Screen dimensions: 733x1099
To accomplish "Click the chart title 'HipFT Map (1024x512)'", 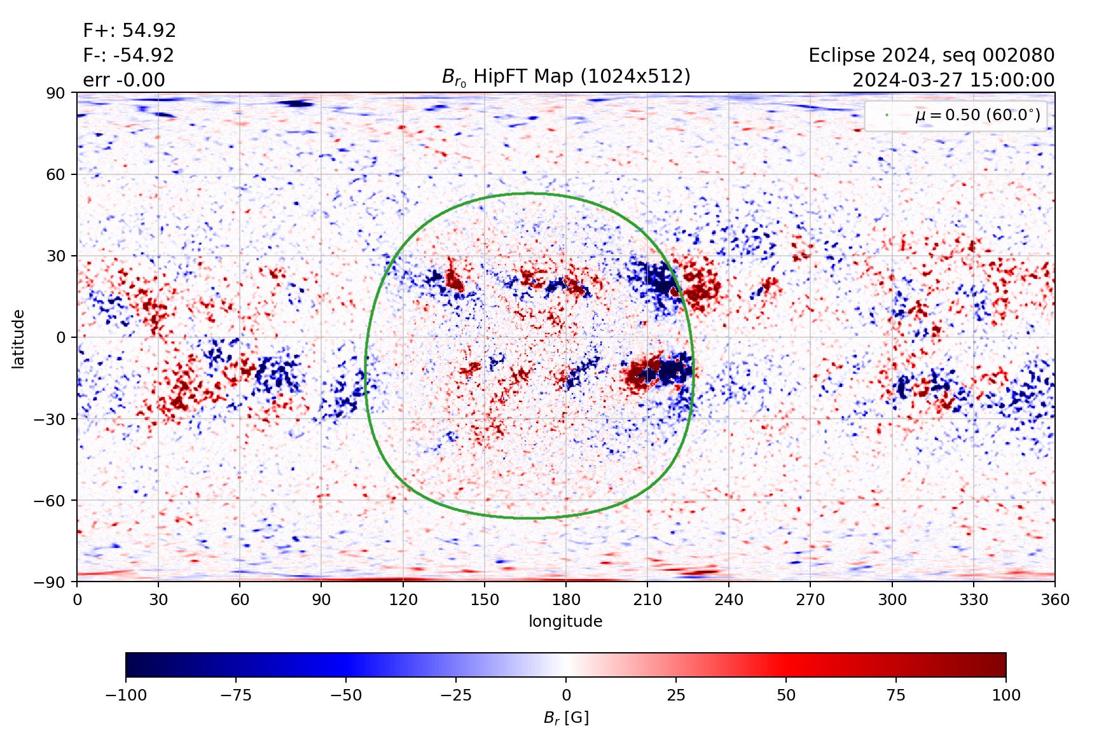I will click(x=565, y=77).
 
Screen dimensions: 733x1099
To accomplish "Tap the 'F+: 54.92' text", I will click(x=129, y=31).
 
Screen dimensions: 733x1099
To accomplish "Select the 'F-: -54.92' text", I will click(x=128, y=55).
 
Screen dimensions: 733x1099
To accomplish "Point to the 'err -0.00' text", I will click(x=124, y=80).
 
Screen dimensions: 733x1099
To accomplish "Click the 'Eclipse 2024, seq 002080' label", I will click(x=931, y=55).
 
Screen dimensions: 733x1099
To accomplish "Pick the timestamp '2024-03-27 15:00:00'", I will click(x=953, y=80).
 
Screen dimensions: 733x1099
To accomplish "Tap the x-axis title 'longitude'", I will click(x=565, y=621).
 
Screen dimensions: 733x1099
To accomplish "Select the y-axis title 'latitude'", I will click(x=18, y=339).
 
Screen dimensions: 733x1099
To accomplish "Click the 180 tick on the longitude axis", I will click(x=566, y=600).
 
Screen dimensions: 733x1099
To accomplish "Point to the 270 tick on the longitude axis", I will click(x=810, y=600).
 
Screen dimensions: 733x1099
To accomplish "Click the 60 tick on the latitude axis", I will click(x=56, y=174).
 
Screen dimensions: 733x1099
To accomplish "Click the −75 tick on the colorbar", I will click(x=235, y=695).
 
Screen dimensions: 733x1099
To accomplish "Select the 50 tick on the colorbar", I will click(x=786, y=695).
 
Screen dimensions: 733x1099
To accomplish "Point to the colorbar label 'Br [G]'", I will click(x=566, y=718).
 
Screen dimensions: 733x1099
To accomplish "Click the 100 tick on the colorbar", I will click(x=1006, y=695).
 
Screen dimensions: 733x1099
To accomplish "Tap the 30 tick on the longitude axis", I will click(x=158, y=600).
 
